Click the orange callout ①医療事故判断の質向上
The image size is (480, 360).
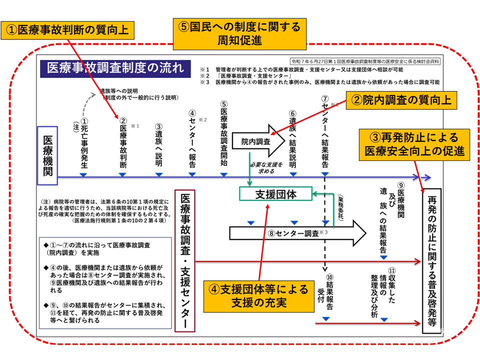click(x=68, y=29)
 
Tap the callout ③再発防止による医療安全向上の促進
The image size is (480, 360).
click(x=415, y=144)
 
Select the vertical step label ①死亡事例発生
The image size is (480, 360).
click(x=84, y=142)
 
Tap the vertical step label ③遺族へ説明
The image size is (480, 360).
click(x=158, y=145)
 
